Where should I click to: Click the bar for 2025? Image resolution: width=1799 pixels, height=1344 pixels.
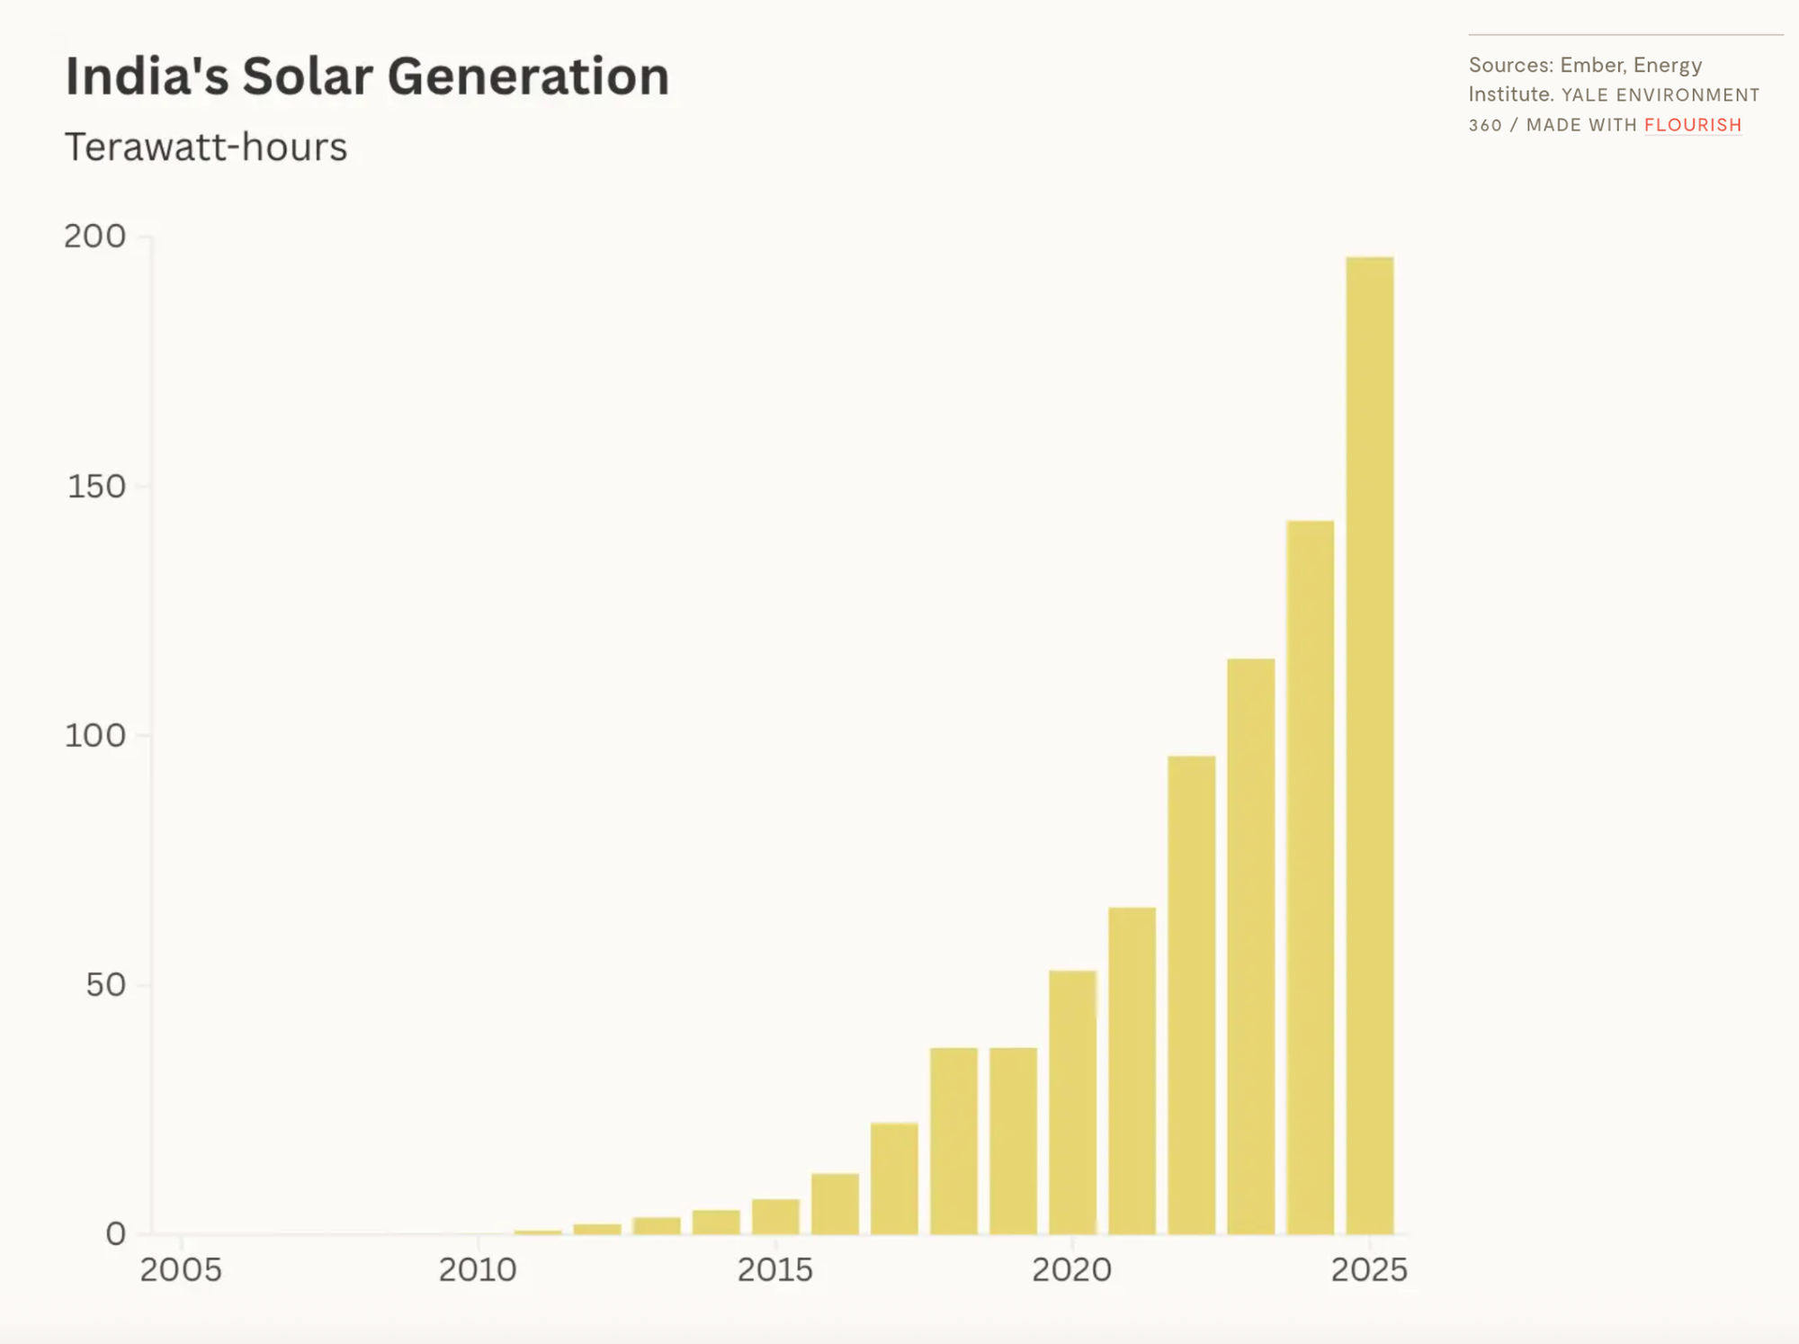1370,745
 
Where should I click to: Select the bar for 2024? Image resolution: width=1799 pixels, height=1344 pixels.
1311,877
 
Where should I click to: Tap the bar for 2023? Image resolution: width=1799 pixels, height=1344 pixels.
1251,946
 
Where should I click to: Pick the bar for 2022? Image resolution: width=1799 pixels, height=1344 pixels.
1192,995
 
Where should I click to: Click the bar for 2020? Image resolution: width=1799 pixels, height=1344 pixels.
1073,1102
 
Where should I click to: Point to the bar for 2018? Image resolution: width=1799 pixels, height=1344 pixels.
954,1141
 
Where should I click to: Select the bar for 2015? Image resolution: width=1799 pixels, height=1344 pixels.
776,1216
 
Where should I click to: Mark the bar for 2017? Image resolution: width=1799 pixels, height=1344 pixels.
895,1178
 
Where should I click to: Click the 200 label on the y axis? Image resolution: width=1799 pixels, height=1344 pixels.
94,237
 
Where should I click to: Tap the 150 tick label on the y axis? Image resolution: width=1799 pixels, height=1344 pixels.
96,487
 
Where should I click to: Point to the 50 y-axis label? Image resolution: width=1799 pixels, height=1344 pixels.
105,985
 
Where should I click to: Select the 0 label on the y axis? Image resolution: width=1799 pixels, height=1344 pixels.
116,1234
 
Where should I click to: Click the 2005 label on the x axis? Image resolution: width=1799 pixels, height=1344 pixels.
181,1270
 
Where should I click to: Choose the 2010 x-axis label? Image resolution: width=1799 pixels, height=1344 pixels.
478,1270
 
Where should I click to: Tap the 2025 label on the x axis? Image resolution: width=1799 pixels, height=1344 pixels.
1369,1270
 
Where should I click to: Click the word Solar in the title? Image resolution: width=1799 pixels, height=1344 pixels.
308,76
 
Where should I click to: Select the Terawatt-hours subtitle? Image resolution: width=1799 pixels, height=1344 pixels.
206,147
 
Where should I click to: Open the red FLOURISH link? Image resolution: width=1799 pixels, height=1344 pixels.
1693,125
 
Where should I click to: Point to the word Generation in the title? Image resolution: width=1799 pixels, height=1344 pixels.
529,76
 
